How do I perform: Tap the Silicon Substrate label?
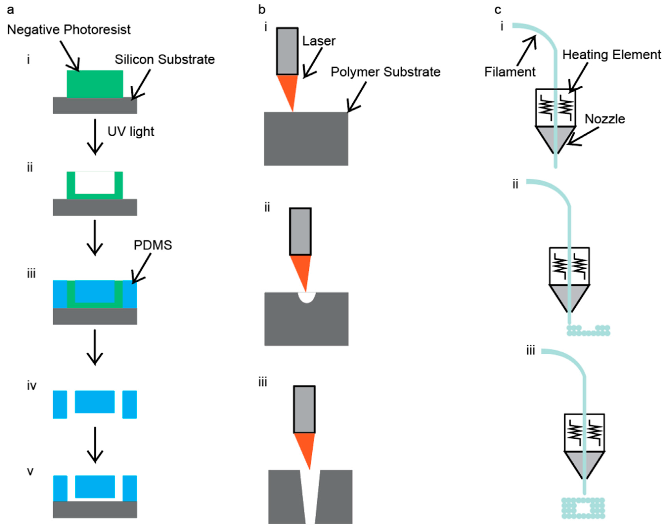point(165,59)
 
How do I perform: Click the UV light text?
point(131,131)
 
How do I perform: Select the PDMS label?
point(153,245)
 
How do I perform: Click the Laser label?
point(319,41)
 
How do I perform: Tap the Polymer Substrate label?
point(385,72)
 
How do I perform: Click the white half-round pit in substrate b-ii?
point(306,297)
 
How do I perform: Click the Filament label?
point(510,72)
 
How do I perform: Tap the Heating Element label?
point(611,55)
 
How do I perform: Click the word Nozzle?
point(605,119)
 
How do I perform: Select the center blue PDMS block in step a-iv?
point(95,402)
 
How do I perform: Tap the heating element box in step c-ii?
point(569,266)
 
